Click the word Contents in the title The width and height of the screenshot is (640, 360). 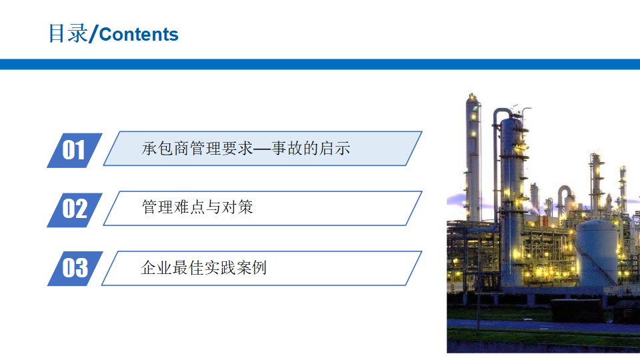(x=139, y=34)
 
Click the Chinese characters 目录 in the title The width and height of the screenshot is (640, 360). (x=68, y=33)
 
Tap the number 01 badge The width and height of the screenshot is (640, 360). (x=74, y=150)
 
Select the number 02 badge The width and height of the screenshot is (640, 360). (x=74, y=210)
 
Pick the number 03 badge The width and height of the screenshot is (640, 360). (x=75, y=269)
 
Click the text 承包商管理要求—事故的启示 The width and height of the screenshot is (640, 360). (x=246, y=149)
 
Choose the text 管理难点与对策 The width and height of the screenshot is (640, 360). (x=197, y=207)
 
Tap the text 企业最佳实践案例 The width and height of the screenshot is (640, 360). (x=204, y=268)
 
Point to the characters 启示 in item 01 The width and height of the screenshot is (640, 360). (x=335, y=149)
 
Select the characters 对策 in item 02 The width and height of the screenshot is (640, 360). (x=237, y=207)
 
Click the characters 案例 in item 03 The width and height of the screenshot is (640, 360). (x=251, y=268)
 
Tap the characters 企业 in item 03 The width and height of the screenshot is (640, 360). (x=156, y=268)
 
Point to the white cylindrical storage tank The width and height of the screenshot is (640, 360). (x=597, y=253)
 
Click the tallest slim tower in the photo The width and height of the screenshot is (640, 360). (x=473, y=159)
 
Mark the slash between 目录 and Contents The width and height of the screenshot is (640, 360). (x=93, y=34)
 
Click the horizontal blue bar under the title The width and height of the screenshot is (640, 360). (x=320, y=64)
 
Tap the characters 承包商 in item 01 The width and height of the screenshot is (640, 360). (x=165, y=149)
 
